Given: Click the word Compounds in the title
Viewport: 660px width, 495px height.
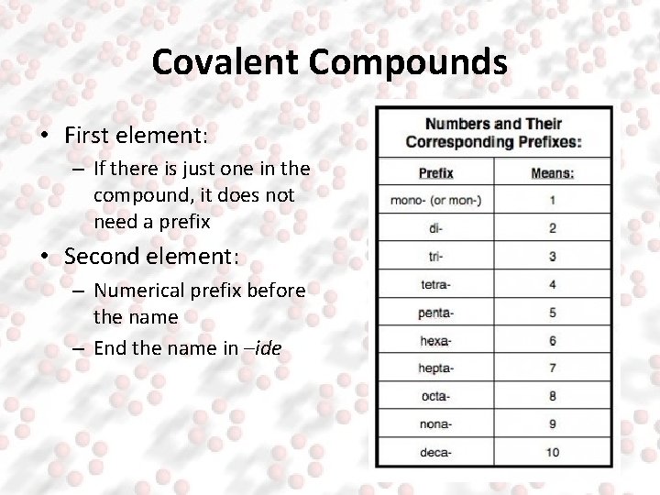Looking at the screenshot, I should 408,62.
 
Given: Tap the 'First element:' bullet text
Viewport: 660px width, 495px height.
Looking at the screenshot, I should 137,136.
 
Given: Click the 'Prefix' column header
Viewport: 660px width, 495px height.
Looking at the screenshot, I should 436,172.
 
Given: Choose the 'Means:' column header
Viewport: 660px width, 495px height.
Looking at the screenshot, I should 552,172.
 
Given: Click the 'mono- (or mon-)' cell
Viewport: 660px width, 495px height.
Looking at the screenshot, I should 436,200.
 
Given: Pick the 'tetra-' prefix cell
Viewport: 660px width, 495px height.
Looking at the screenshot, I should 436,284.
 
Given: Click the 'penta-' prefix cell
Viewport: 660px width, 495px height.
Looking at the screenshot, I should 436,313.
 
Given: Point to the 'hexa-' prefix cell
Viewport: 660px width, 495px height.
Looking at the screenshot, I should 436,341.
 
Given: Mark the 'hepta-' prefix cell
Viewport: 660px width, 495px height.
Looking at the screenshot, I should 436,368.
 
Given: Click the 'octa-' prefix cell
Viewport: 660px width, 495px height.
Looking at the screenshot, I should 436,397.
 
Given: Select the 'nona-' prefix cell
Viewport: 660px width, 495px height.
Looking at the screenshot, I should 436,424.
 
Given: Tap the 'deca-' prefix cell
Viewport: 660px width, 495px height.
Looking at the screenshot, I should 436,452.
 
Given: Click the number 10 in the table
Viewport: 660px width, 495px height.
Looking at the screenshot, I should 552,452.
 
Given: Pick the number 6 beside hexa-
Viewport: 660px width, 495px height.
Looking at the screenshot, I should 552,341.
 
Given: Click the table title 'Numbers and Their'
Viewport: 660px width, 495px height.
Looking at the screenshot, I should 493,124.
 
